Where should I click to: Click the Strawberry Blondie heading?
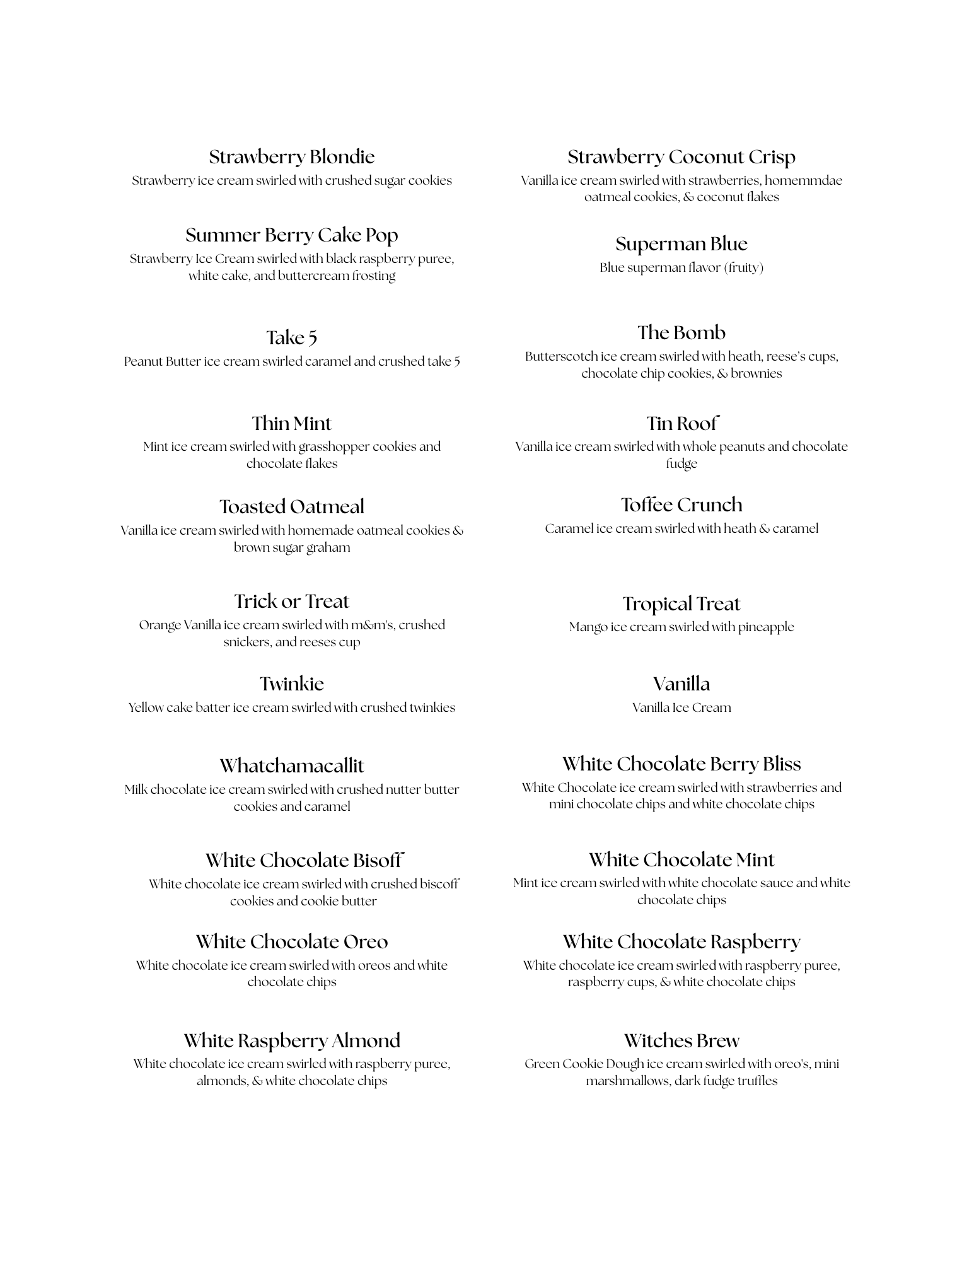point(291,157)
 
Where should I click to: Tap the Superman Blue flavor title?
point(681,244)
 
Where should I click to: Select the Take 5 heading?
point(291,338)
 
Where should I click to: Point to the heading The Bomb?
point(681,333)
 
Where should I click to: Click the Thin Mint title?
point(291,423)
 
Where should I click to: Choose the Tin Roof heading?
point(681,423)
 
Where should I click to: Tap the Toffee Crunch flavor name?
point(681,505)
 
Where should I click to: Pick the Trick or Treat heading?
point(291,601)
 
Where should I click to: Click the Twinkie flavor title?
point(291,684)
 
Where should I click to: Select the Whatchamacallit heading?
point(291,766)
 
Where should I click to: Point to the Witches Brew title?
point(681,1041)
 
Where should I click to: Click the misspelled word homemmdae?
point(803,181)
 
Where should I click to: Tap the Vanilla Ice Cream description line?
point(681,708)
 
